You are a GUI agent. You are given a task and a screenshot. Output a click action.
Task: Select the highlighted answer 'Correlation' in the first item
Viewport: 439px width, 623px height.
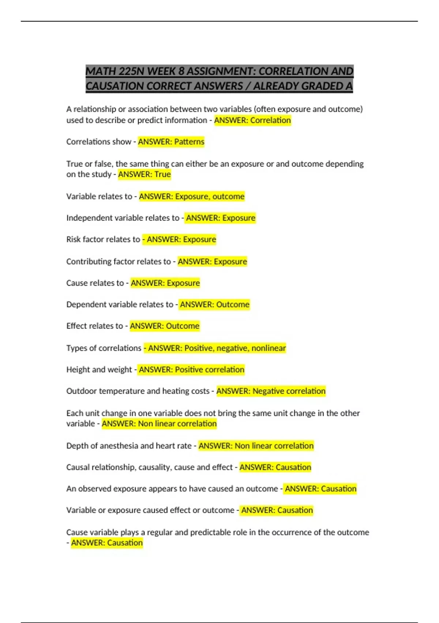pyautogui.click(x=270, y=120)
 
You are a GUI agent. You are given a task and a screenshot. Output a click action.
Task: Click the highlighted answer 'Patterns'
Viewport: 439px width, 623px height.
pyautogui.click(x=189, y=142)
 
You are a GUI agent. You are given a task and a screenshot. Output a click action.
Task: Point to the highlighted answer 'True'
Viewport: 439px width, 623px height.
pyautogui.click(x=162, y=174)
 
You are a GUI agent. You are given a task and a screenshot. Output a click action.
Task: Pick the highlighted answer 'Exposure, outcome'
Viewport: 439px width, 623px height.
pyautogui.click(x=210, y=196)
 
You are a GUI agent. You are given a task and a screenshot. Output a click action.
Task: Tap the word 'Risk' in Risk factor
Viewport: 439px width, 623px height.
pyautogui.click(x=74, y=239)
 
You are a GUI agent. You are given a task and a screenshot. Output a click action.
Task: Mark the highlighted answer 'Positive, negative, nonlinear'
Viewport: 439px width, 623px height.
pyautogui.click(x=235, y=348)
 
